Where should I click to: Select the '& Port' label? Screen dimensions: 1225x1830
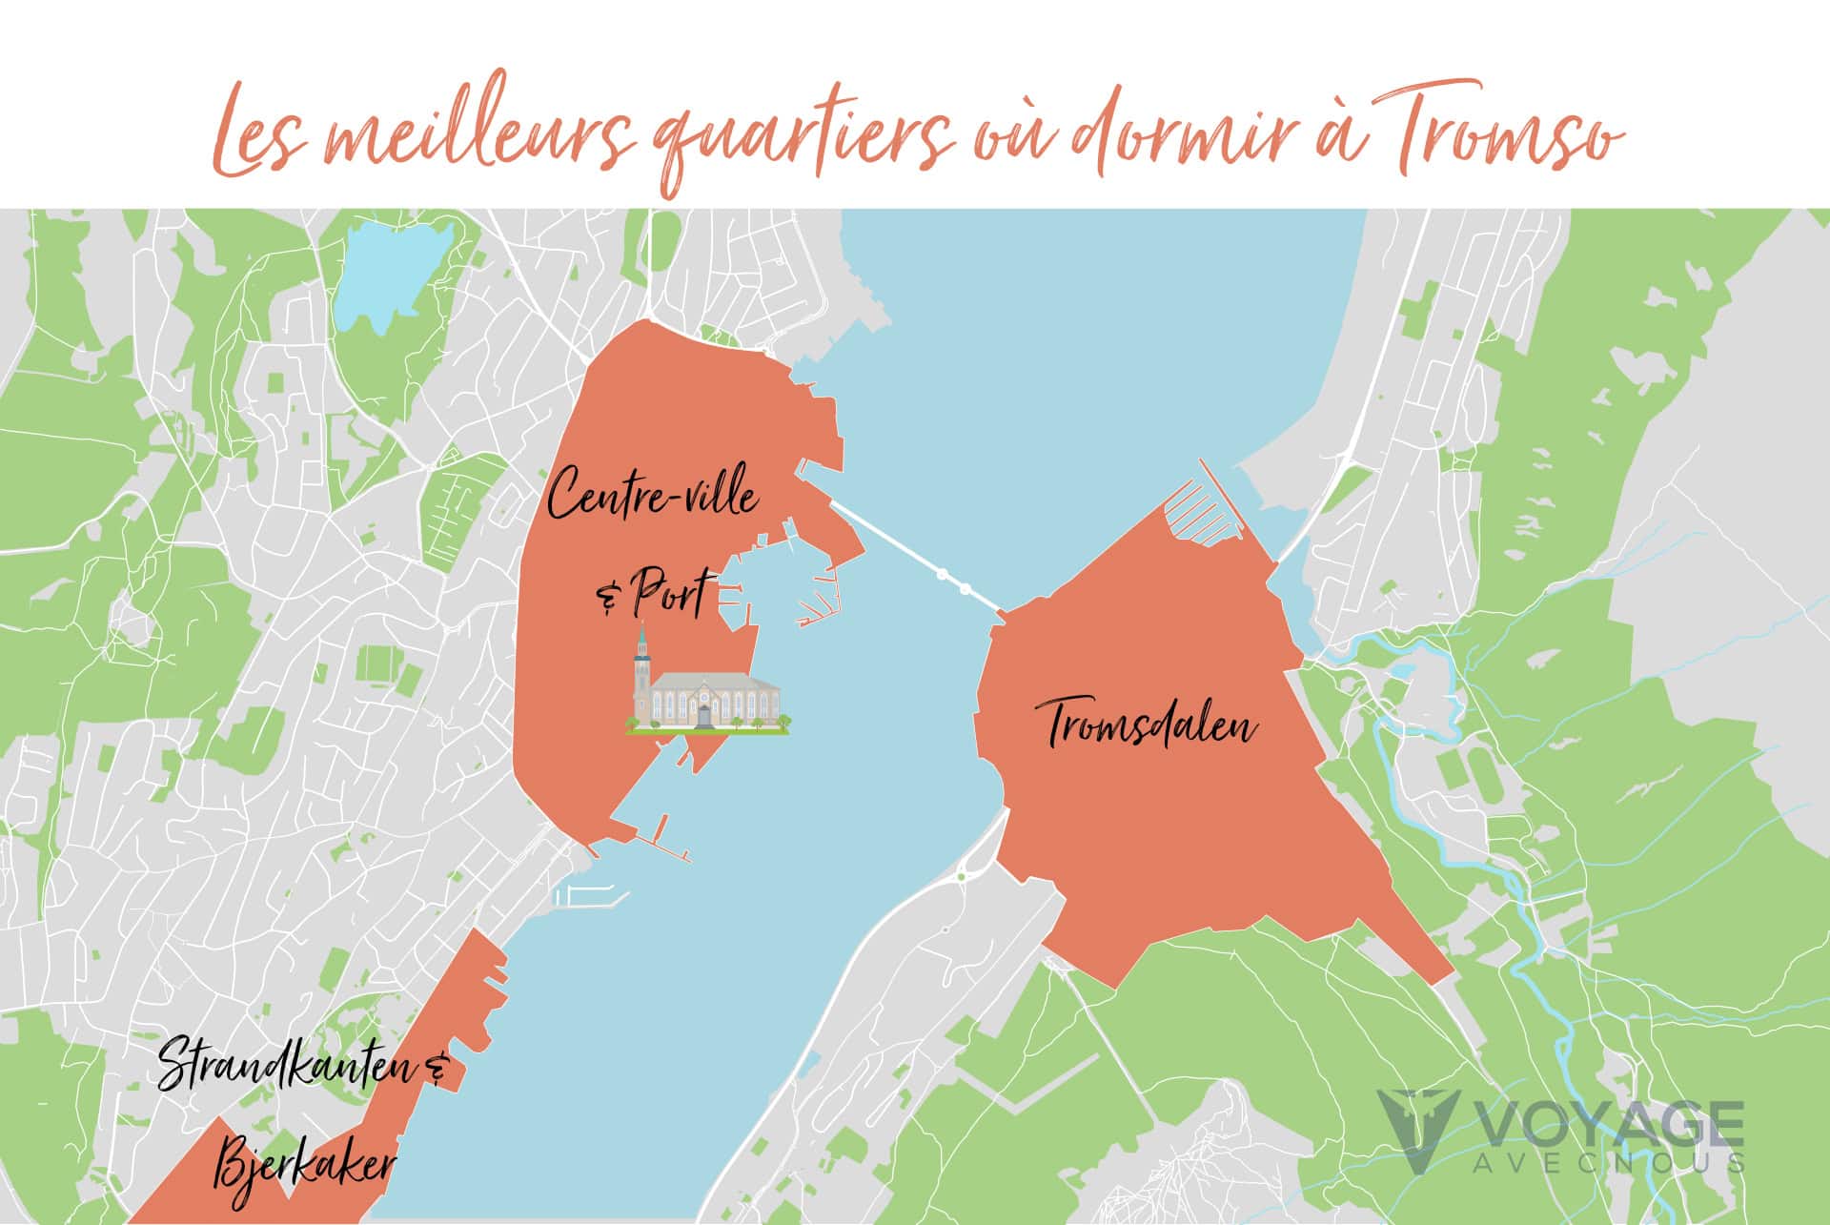[x=653, y=596]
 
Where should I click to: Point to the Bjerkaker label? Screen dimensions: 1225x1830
[x=305, y=1165]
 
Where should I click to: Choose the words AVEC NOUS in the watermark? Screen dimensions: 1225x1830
[x=1611, y=1163]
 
